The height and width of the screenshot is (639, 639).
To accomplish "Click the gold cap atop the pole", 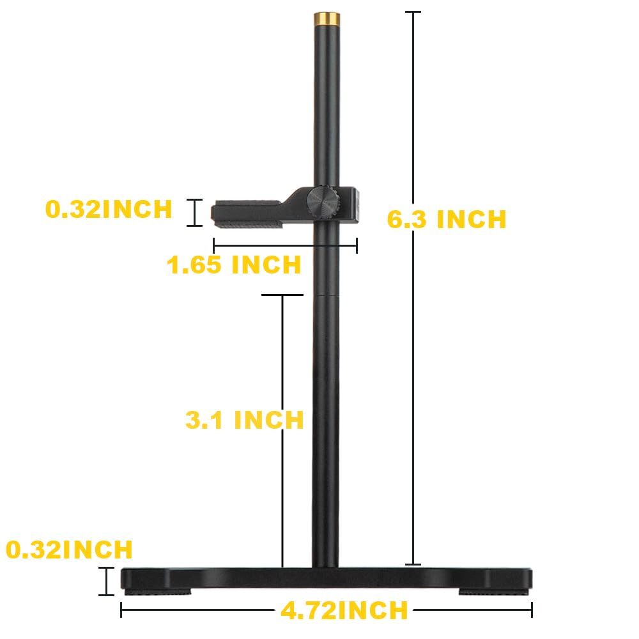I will (326, 19).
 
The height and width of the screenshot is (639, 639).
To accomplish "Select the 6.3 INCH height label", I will (447, 219).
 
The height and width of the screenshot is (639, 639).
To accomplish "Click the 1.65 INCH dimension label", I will (234, 264).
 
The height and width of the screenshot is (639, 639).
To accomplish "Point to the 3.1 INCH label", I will (244, 420).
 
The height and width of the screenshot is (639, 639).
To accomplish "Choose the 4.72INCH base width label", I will (344, 610).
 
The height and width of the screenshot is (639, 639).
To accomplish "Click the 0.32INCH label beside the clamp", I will (109, 209).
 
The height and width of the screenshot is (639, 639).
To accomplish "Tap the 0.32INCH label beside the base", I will (70, 550).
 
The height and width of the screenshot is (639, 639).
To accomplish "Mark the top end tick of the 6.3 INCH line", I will (413, 12).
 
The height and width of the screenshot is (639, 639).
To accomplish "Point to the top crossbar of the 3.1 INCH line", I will (282, 295).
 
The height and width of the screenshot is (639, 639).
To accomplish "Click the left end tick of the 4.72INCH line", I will (121, 610).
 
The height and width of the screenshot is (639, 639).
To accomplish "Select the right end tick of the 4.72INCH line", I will (532, 610).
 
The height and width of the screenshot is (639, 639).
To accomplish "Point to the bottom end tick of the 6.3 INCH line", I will (413, 564).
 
